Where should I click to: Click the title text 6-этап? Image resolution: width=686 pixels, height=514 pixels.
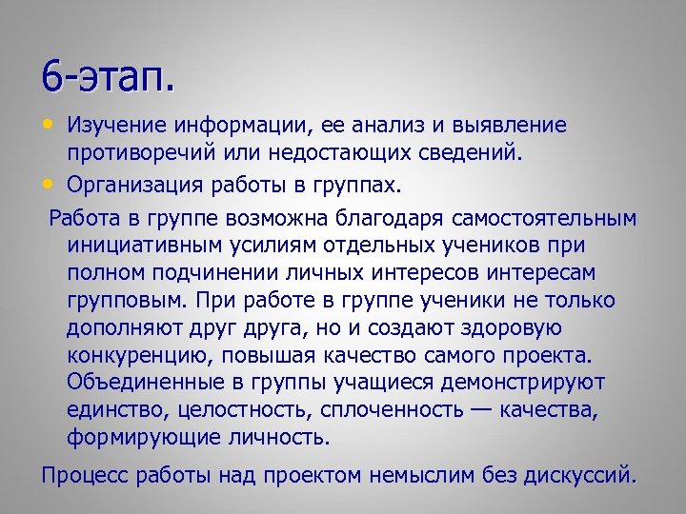(109, 76)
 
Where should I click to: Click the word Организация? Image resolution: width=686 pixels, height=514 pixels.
(140, 182)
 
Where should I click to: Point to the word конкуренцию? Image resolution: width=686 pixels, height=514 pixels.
(131, 356)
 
